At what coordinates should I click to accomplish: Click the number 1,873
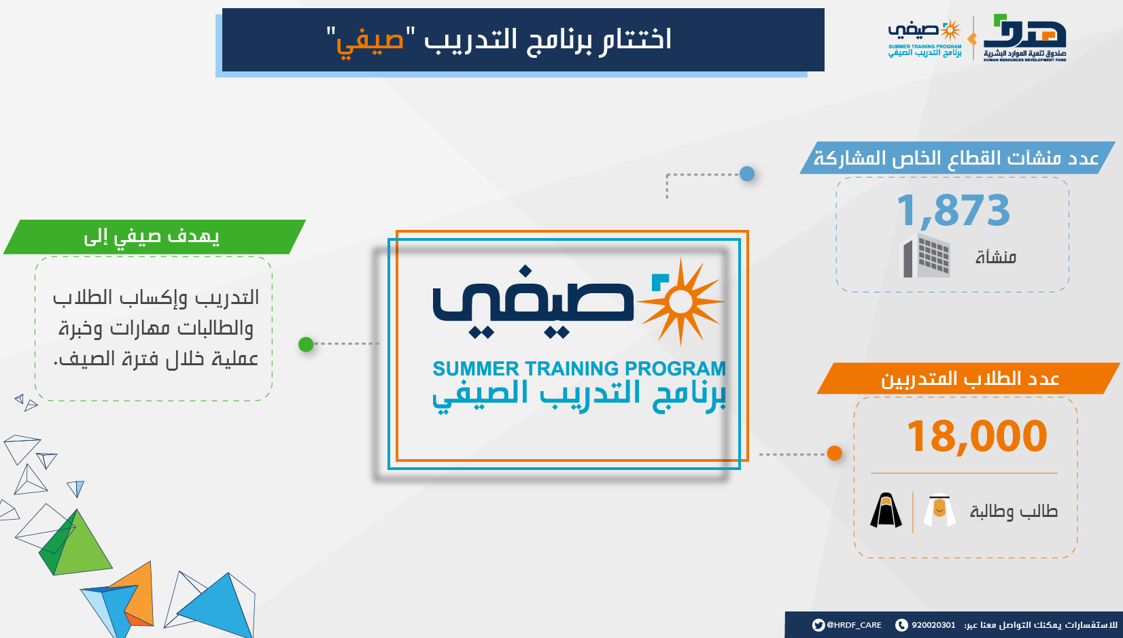(x=953, y=211)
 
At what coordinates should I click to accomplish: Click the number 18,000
(x=977, y=436)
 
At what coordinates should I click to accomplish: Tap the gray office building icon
(x=927, y=255)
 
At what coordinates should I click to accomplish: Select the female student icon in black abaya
(x=886, y=510)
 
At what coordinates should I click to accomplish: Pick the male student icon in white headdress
(x=939, y=510)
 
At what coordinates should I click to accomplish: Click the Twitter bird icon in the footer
(x=818, y=625)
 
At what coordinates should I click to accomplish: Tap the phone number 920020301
(x=933, y=625)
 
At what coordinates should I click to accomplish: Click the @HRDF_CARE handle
(x=854, y=625)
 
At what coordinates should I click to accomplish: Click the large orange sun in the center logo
(x=680, y=302)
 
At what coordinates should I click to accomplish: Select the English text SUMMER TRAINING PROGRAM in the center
(x=579, y=369)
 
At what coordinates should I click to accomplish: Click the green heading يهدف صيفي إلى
(x=152, y=237)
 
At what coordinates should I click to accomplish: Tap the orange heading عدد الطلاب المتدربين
(x=970, y=379)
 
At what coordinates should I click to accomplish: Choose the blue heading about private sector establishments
(x=956, y=158)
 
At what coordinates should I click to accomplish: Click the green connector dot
(x=306, y=345)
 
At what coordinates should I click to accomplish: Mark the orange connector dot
(x=834, y=453)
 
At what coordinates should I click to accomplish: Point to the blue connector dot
(x=747, y=174)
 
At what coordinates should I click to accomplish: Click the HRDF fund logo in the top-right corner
(x=1024, y=37)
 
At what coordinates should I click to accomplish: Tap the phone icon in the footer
(x=901, y=625)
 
